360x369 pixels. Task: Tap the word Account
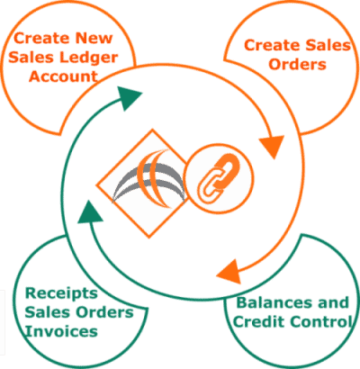pyautogui.click(x=63, y=76)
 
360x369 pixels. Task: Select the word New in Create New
pyautogui.click(x=94, y=38)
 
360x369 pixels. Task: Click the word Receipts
pyautogui.click(x=61, y=293)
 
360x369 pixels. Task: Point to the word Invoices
pyautogui.click(x=61, y=331)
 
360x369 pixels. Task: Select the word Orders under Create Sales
pyautogui.click(x=297, y=64)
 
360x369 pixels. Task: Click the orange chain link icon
pyautogui.click(x=219, y=178)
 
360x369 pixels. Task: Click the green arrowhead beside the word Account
pyautogui.click(x=129, y=97)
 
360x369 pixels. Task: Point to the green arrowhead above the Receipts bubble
pyautogui.click(x=89, y=212)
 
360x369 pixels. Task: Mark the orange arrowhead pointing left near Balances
pyautogui.click(x=229, y=272)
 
